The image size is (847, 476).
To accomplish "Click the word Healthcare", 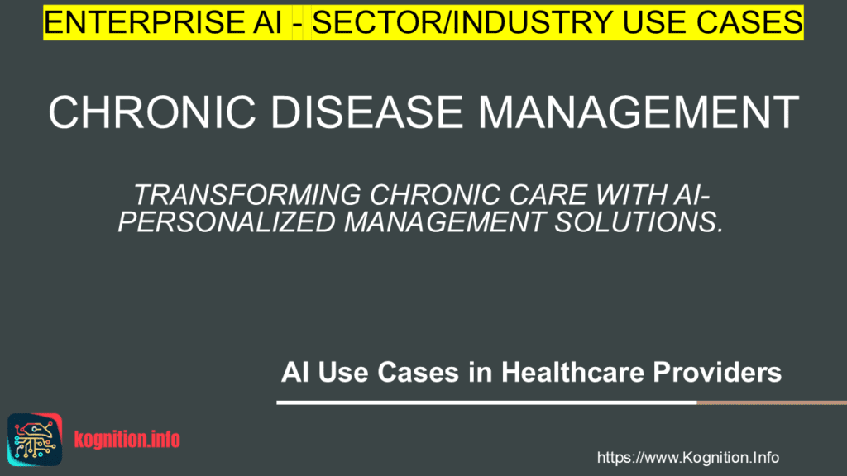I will pos(572,373).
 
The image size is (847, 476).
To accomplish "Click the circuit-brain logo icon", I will pos(35,439).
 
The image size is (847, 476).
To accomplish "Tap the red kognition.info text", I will pos(127,440).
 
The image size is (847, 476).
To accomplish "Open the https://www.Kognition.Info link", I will pos(687,458).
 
